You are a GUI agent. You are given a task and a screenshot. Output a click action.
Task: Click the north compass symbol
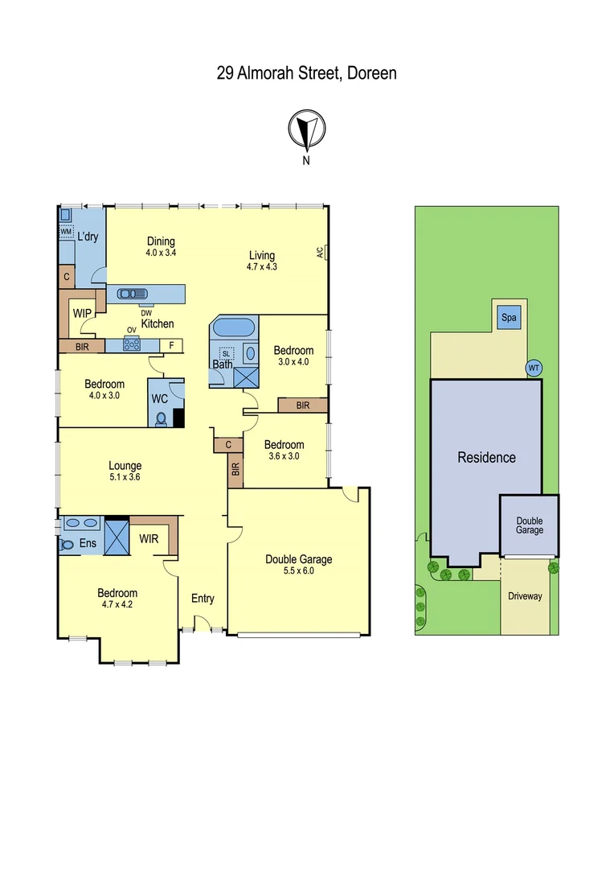306,130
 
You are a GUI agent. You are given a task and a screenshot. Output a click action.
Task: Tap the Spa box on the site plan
508,317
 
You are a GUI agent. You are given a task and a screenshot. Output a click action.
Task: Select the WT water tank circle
533,368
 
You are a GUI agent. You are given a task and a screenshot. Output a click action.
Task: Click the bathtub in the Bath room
233,328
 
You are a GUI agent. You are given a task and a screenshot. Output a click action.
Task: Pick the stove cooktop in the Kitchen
131,345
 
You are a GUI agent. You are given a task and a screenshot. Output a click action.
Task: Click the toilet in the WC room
161,418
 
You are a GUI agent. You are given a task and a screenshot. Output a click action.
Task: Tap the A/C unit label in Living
321,252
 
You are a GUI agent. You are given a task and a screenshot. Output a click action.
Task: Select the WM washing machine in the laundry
66,232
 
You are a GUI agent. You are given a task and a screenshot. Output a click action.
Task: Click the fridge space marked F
170,345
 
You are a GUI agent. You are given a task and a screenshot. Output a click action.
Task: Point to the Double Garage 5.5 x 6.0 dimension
298,571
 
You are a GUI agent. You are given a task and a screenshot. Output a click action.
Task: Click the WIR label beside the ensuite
149,537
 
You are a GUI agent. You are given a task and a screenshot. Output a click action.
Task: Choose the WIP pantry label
81,312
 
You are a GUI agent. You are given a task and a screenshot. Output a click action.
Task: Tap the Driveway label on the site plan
525,596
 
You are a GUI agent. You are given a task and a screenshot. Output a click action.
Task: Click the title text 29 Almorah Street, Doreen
306,73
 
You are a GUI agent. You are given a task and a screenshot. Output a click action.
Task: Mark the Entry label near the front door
203,598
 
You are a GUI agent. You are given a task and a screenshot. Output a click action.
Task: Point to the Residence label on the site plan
486,457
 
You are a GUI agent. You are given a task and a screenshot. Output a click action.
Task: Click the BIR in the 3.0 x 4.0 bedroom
302,406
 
